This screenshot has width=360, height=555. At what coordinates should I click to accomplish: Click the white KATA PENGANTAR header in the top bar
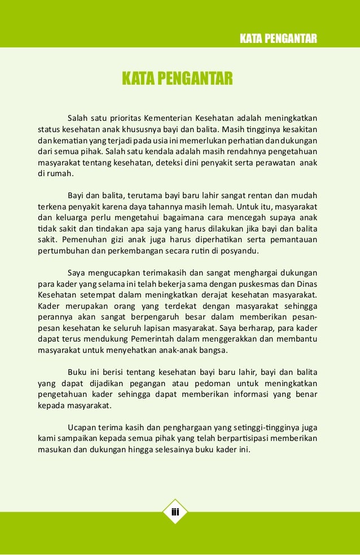(278, 38)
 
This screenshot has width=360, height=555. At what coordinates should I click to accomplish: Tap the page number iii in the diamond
(175, 512)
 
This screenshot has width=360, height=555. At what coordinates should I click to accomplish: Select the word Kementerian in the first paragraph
(167, 118)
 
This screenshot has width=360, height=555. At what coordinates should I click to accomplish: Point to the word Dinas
(305, 283)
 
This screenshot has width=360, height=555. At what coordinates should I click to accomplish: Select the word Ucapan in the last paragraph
(80, 427)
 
